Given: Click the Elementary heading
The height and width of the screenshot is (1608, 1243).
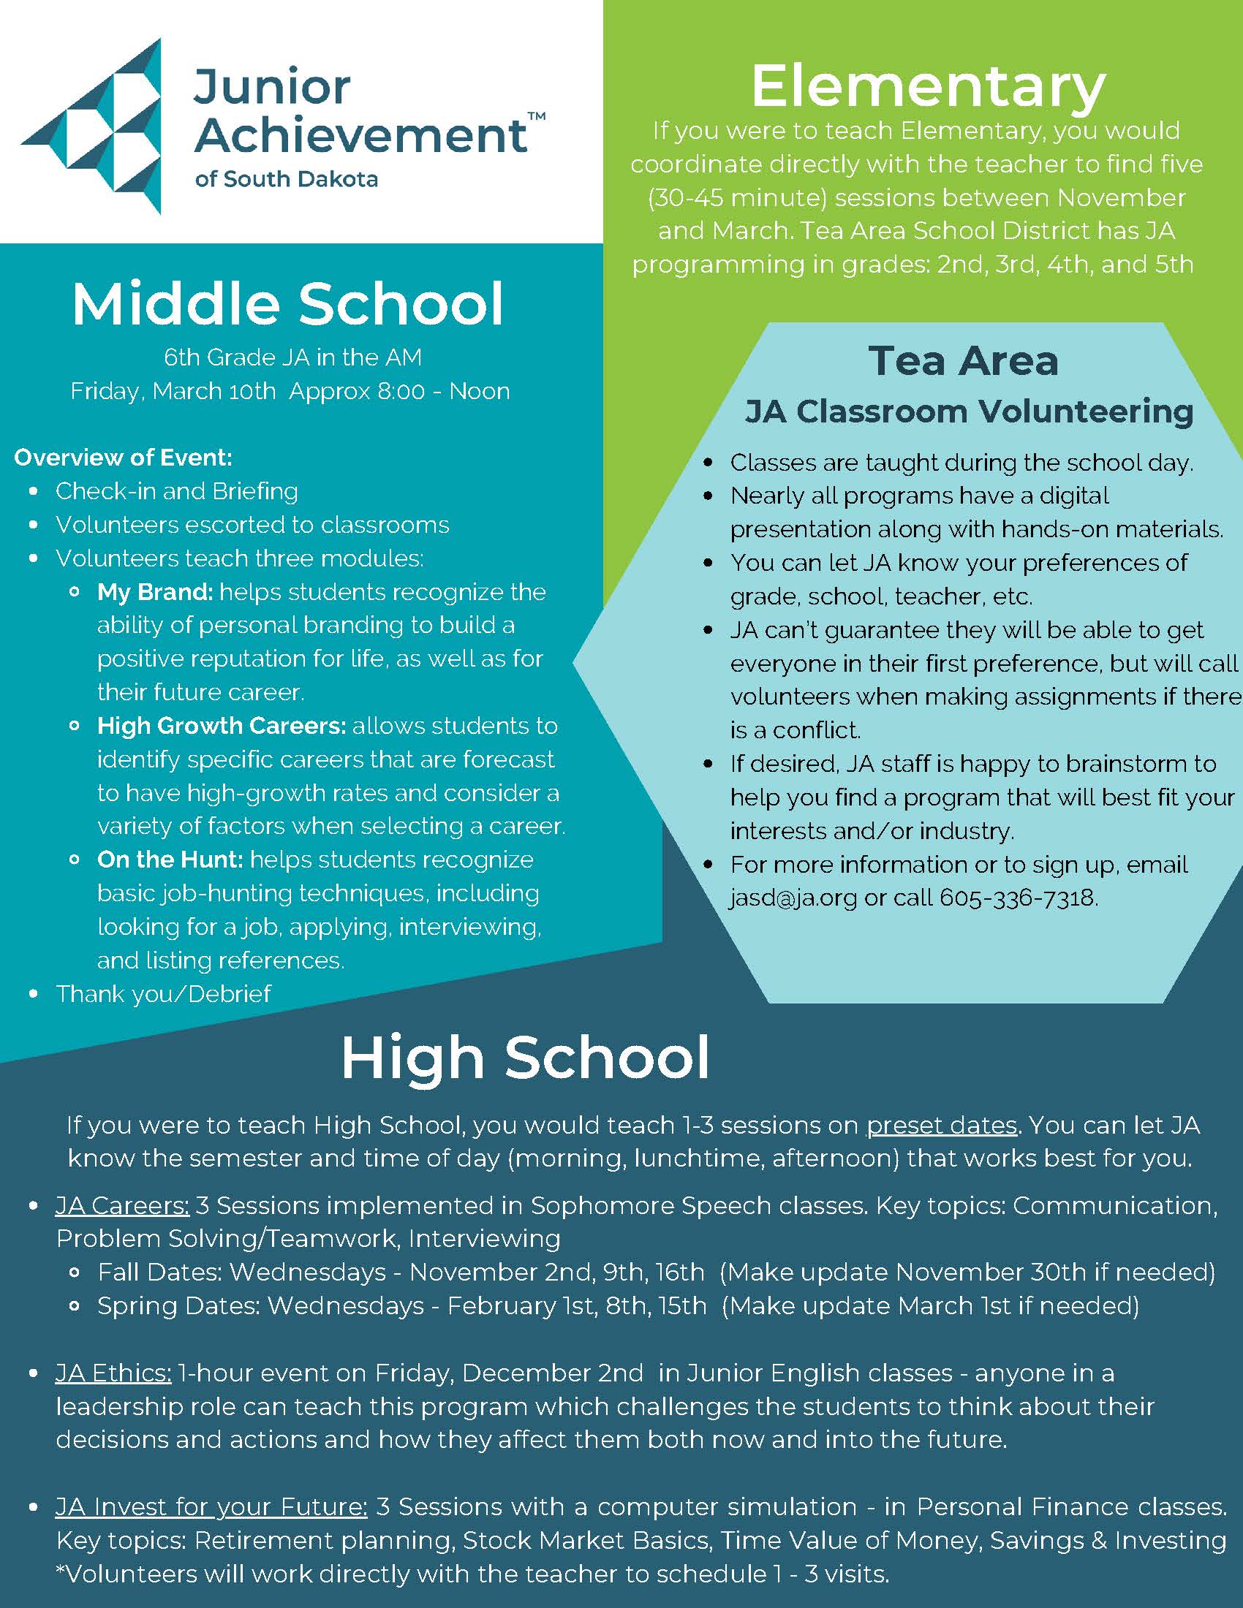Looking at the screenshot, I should click(928, 87).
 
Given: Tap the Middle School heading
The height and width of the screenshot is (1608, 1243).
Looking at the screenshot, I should click(288, 303).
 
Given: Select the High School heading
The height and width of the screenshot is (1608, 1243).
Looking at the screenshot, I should click(525, 1058).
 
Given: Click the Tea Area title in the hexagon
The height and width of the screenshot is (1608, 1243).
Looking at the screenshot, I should click(963, 361).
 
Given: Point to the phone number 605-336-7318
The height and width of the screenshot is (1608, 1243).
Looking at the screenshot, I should click(1018, 898).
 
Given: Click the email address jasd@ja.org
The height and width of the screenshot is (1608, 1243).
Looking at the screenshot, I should click(793, 898).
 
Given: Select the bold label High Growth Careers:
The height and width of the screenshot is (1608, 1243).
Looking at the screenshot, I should click(221, 726).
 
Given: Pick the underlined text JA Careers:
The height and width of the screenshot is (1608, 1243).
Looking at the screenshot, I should click(122, 1205).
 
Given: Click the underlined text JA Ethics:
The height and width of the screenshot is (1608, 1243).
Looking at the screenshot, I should click(113, 1373).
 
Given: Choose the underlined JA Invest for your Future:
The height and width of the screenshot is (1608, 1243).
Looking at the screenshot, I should click(211, 1507).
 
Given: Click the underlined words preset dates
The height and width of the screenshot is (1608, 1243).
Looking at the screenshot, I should click(941, 1125).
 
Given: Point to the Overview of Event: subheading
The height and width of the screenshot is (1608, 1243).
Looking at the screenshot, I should click(123, 458).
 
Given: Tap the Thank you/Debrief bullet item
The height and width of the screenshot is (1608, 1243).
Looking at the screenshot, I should click(163, 994).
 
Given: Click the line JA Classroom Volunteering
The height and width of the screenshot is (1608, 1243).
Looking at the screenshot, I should click(968, 411).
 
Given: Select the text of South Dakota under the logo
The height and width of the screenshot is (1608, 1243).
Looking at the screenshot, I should click(287, 179).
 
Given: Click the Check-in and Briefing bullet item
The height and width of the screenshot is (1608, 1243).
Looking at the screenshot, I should click(177, 491).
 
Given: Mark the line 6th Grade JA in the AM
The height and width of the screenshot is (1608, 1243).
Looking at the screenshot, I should click(292, 357).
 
